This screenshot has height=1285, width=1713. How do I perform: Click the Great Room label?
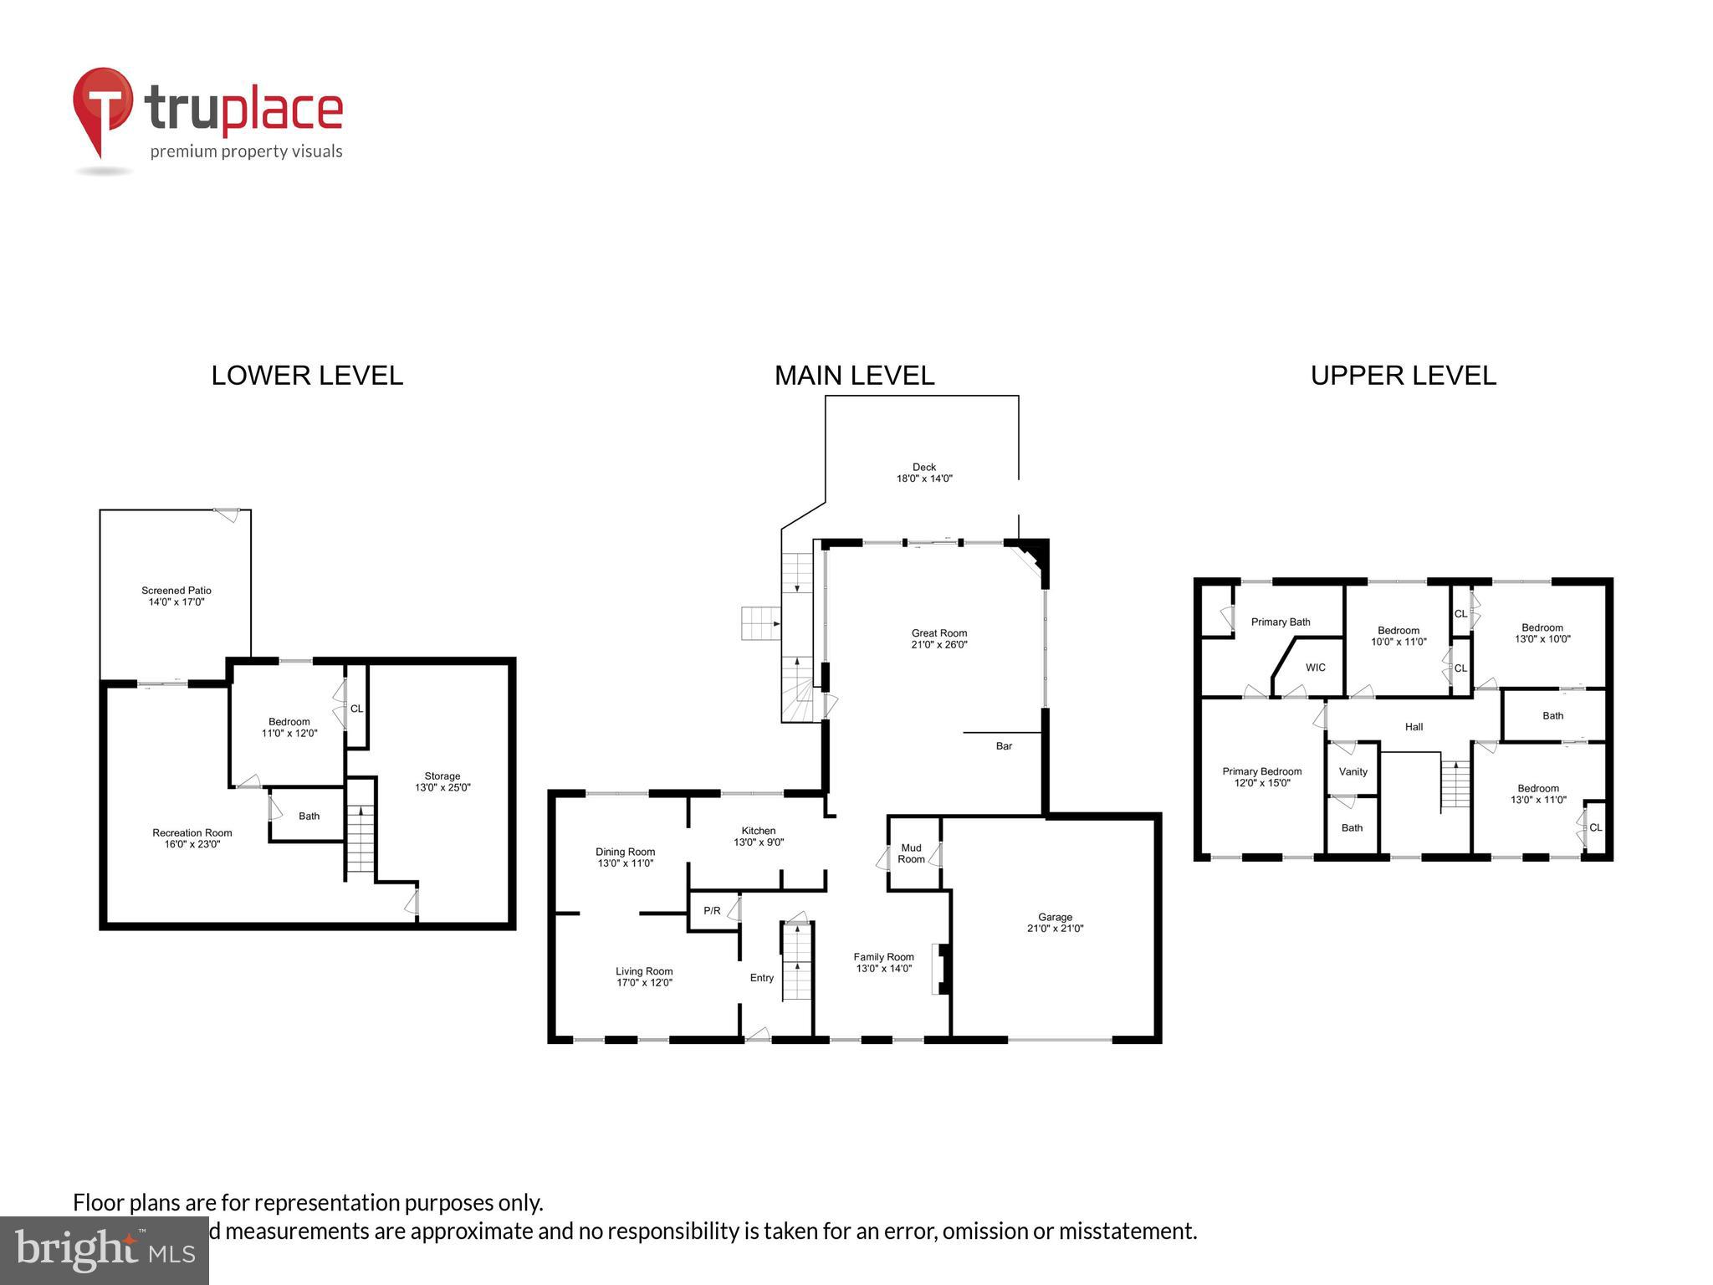click(938, 633)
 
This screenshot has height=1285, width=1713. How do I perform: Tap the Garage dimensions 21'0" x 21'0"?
click(1055, 929)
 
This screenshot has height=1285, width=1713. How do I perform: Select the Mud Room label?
click(911, 853)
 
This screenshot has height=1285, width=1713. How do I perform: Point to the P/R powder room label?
click(712, 910)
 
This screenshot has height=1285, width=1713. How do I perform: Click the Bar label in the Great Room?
click(1004, 745)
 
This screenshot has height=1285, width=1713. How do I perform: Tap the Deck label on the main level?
click(923, 468)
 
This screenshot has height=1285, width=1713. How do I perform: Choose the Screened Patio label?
click(176, 591)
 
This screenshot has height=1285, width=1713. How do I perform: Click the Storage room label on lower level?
click(442, 776)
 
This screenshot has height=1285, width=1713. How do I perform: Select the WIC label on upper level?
click(1315, 668)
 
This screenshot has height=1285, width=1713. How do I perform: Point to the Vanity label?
click(1353, 771)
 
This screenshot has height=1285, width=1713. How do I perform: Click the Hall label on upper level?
click(1414, 727)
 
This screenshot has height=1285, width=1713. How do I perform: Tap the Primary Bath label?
click(1280, 622)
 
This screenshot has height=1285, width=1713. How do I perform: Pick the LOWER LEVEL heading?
click(307, 376)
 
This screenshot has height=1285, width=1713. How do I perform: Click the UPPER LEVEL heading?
click(1403, 376)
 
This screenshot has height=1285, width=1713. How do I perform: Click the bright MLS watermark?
click(105, 1250)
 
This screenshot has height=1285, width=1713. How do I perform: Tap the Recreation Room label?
click(192, 832)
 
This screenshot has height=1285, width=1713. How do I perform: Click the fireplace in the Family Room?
click(940, 969)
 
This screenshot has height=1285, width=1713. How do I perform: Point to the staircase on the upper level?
click(1455, 785)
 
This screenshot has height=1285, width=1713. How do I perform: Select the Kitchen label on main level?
click(758, 831)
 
